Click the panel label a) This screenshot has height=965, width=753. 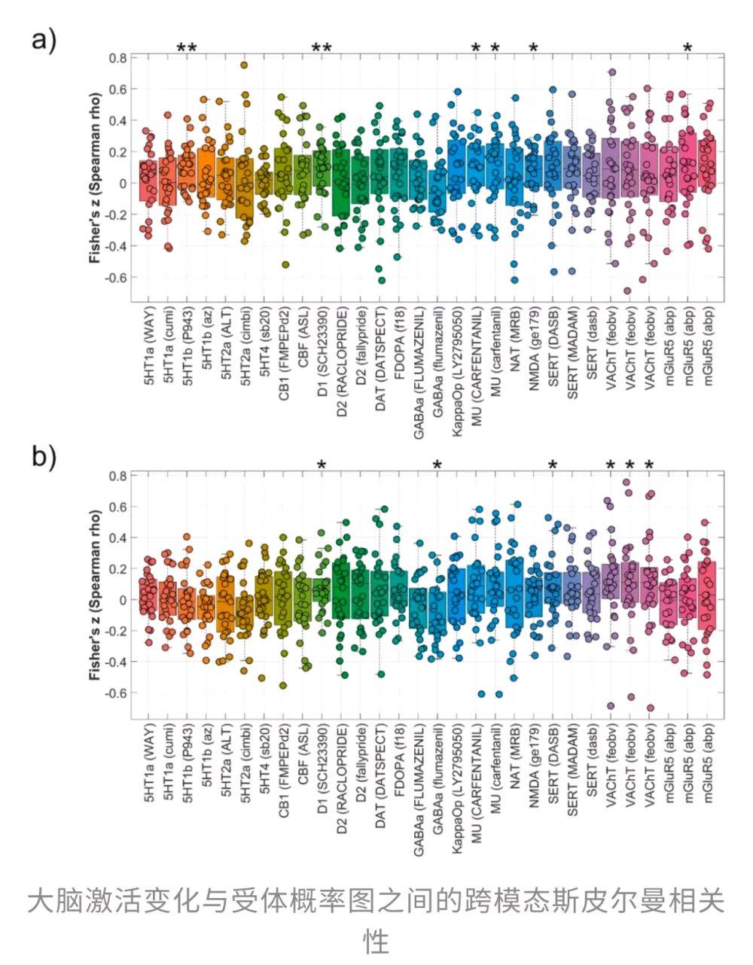43,39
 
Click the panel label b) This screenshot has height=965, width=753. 43,457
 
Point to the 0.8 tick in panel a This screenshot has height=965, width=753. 117,57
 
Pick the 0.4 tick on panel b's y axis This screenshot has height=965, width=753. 117,537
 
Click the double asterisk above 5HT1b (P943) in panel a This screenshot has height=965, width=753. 187,49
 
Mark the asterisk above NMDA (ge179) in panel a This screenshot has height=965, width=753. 533,48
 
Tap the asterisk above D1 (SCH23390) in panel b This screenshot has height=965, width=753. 322,465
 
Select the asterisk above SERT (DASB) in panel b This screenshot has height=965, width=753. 553,465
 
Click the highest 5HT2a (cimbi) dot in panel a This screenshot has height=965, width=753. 244,65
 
